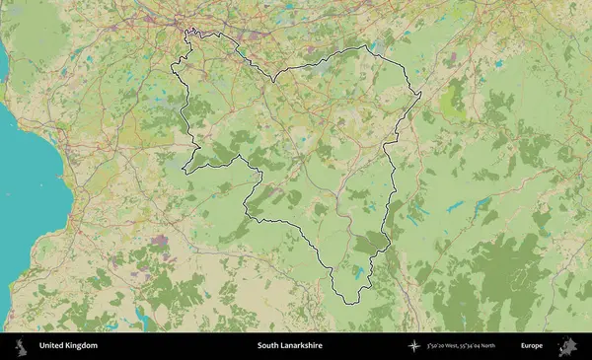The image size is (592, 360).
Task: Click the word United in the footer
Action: point(53,346)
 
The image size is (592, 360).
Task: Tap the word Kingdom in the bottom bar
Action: point(83,346)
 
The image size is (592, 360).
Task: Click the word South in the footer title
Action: point(269,346)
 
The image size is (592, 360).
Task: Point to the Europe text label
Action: point(532,346)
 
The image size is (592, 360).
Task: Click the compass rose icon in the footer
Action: point(415,346)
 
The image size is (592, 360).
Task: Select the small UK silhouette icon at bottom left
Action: point(20,346)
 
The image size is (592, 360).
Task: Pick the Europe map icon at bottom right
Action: point(566,346)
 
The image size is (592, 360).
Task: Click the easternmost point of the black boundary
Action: point(421,95)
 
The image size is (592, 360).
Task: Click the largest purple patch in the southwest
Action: point(158,240)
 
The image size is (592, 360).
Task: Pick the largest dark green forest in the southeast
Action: point(483,286)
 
